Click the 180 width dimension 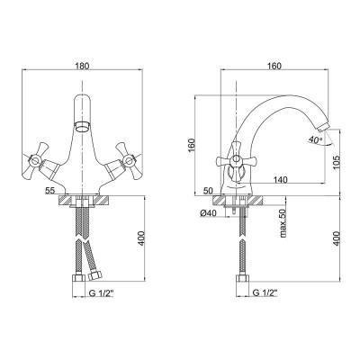click(82, 66)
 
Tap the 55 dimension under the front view click(50, 191)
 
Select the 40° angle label click(315, 139)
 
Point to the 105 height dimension click(337, 162)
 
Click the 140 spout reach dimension click(280, 180)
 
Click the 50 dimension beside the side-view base click(208, 191)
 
